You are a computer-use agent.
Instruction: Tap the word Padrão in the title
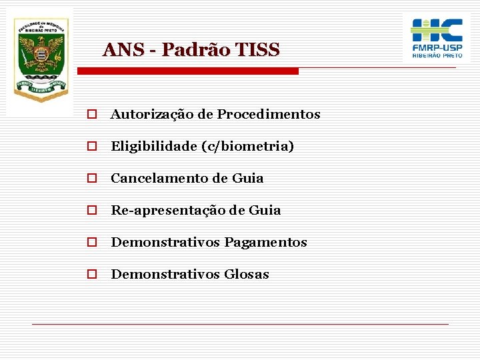tap(192, 50)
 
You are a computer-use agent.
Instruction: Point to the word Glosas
tap(247, 275)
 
